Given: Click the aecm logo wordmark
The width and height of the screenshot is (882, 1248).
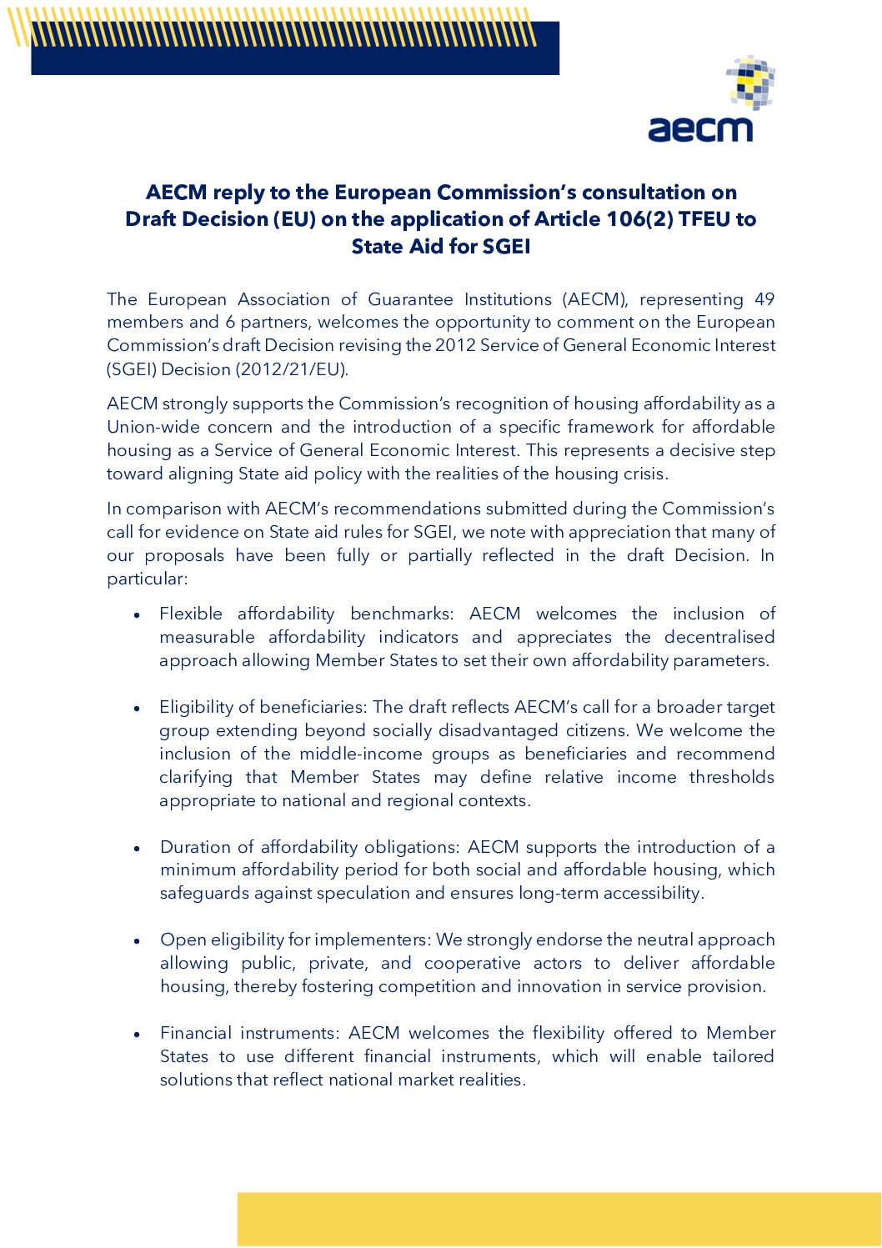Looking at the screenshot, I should (700, 128).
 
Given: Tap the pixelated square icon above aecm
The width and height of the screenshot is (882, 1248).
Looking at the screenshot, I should (751, 82).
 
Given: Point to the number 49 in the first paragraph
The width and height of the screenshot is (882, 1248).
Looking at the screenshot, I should (764, 299).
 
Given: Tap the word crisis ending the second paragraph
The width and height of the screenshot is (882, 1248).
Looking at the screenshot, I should (644, 474).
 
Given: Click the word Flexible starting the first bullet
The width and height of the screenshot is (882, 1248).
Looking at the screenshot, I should (191, 614).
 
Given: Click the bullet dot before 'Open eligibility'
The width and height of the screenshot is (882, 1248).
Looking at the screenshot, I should (137, 940).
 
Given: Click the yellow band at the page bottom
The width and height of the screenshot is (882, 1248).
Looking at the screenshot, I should (559, 1219).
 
